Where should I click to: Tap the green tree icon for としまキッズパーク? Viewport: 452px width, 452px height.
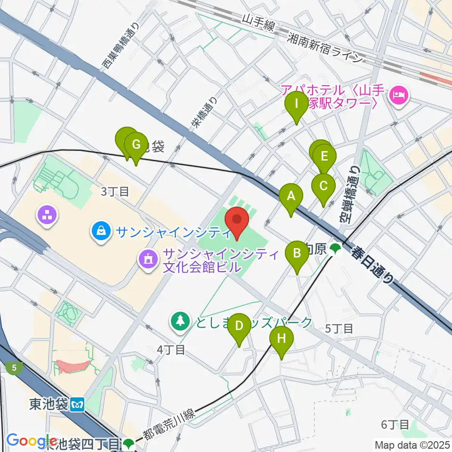179,322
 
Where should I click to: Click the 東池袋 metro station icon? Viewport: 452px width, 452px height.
77,404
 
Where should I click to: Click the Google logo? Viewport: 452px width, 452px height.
25,441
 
